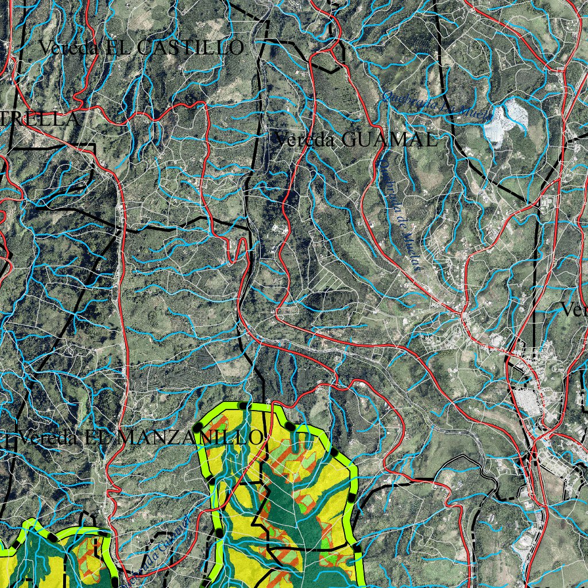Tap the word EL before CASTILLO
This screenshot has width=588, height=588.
pyautogui.click(x=118, y=48)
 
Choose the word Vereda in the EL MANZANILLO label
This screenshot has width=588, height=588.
pyautogui.click(x=49, y=438)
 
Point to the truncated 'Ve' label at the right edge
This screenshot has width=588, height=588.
pyautogui.click(x=574, y=311)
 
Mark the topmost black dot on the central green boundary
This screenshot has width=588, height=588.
pyautogui.click(x=243, y=405)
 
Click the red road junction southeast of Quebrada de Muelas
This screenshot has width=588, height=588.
pyautogui.click(x=462, y=314)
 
